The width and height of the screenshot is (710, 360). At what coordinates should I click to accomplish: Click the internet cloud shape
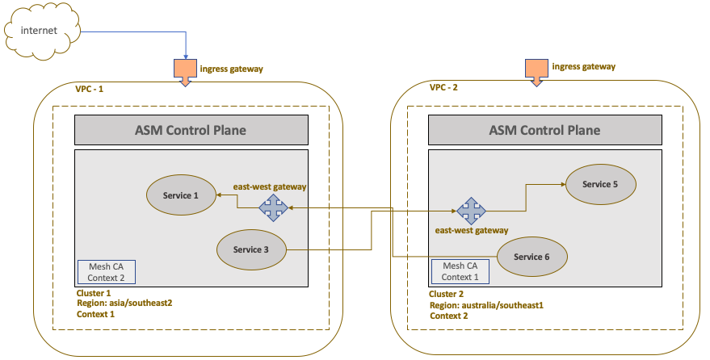coord(40,31)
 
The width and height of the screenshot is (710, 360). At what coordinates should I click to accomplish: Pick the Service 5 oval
coord(599,184)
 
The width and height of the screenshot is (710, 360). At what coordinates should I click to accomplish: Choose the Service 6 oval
coord(531,257)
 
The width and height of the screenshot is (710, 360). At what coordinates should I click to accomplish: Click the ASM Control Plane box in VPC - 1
coord(191,129)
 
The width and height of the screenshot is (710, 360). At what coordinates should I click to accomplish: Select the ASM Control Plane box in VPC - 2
coord(545,129)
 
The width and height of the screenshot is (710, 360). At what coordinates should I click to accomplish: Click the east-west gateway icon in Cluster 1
coord(273,208)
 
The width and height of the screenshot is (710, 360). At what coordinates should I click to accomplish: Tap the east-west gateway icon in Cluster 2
coord(471,211)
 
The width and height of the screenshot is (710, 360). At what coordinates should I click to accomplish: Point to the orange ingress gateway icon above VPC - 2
coord(536,70)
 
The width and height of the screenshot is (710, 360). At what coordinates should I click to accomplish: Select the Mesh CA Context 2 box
coord(107,272)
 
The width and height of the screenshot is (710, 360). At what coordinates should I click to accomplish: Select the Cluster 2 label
coord(447,295)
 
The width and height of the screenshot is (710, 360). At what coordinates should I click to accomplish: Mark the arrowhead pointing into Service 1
coord(218,195)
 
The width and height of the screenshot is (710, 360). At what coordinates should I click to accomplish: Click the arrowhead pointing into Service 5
coord(561,184)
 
